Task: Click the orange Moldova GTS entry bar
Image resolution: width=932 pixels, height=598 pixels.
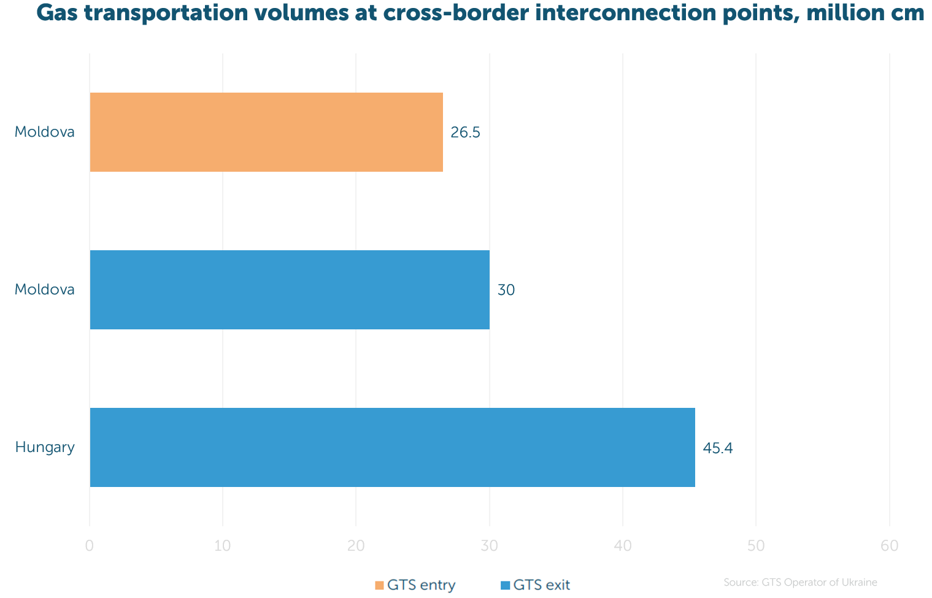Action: [266, 132]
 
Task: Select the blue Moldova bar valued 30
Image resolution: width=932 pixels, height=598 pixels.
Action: [290, 289]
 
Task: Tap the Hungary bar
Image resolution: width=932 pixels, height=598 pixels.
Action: [392, 447]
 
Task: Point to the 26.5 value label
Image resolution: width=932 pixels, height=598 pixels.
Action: [465, 132]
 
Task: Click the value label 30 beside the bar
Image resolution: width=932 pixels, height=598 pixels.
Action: [506, 290]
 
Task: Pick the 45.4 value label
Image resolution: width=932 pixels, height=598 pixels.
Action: [718, 448]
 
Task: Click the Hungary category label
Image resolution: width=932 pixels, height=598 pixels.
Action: [45, 448]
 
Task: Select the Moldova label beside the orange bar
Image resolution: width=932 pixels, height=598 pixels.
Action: [45, 132]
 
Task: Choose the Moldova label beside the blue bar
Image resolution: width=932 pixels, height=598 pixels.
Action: [45, 289]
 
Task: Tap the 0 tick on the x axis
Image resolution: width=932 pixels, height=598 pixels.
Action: [90, 546]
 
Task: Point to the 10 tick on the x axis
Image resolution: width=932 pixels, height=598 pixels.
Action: [223, 546]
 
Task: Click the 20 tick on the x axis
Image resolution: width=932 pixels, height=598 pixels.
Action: [356, 546]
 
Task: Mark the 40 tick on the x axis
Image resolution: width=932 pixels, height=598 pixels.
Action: [623, 546]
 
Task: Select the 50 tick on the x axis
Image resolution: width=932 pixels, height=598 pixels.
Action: [756, 546]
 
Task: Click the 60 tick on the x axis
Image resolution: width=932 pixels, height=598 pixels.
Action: [890, 546]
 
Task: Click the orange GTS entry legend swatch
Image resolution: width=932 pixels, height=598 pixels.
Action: [379, 585]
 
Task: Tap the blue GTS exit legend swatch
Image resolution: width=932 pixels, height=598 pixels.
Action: [505, 585]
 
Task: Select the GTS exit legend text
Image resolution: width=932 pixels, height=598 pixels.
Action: [541, 585]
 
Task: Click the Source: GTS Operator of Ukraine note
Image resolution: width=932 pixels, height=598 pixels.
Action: [800, 582]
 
